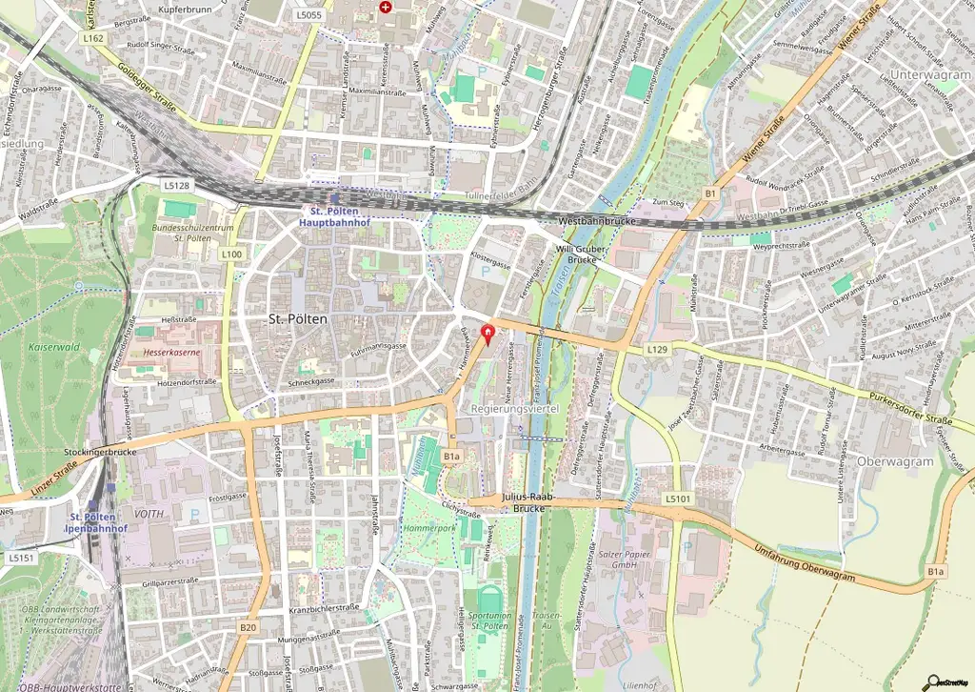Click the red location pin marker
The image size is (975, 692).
[489, 334]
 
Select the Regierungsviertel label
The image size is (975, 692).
[514, 408]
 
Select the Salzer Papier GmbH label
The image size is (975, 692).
[624, 560]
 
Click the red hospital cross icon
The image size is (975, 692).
[385, 7]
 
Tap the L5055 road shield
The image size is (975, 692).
[308, 15]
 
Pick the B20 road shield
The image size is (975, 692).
[249, 627]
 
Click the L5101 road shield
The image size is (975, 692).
[677, 498]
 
